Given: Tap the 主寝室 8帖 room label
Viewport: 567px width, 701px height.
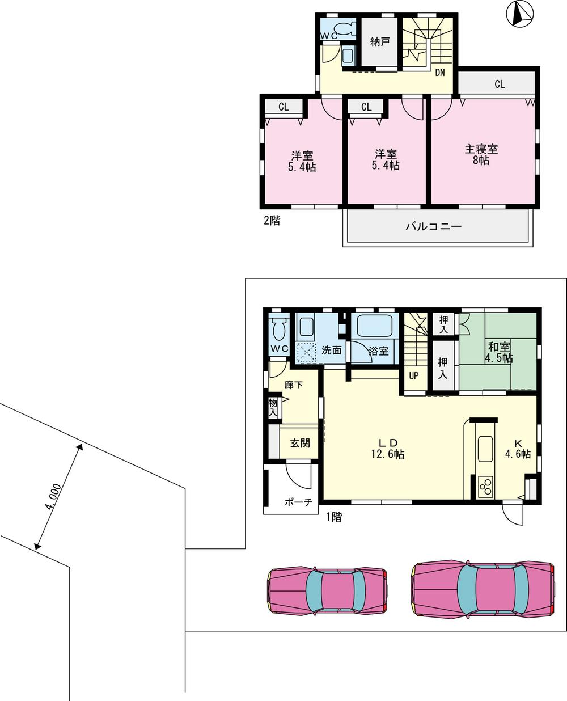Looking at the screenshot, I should (x=481, y=154).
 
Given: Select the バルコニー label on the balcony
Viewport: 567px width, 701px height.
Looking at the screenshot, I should (x=433, y=227).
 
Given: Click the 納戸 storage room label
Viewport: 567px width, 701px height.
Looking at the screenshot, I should (x=379, y=41).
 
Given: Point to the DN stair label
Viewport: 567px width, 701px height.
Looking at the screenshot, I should (x=440, y=73).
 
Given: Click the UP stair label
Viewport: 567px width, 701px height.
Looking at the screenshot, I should (x=414, y=375).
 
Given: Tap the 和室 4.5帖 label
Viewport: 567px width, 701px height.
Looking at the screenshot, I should (x=498, y=352).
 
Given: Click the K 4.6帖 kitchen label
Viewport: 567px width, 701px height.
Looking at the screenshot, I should (x=518, y=448).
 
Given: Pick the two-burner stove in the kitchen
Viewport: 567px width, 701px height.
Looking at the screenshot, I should (x=486, y=487).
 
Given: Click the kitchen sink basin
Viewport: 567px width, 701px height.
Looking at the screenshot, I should (x=486, y=450).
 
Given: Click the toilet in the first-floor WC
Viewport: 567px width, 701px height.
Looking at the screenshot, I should (x=278, y=328).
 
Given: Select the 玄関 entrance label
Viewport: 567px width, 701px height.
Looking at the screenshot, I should (x=301, y=443).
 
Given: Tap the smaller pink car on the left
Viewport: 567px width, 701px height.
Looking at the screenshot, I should (x=327, y=591).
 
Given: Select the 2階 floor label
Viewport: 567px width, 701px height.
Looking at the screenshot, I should (x=271, y=221).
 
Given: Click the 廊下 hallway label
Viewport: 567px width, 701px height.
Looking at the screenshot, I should (x=293, y=385).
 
